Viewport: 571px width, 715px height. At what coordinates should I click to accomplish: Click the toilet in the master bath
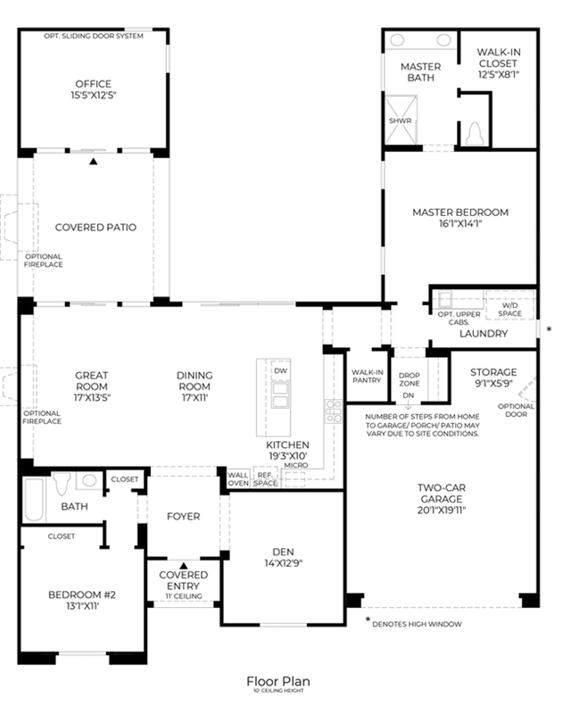475,134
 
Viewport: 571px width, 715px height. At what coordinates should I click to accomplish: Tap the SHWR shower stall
401,120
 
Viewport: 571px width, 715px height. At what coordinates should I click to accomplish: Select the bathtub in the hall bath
34,499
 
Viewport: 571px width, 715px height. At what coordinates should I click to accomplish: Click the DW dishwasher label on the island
281,370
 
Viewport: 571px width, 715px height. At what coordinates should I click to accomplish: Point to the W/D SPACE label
509,310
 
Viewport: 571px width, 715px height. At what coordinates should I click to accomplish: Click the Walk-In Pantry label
367,376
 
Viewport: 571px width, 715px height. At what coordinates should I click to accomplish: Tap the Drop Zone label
410,379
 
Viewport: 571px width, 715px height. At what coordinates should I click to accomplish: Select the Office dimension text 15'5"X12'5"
94,96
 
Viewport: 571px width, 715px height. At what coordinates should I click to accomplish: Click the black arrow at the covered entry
183,565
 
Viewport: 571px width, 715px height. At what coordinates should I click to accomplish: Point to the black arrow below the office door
94,161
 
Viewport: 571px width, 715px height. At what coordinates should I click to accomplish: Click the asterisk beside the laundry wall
549,328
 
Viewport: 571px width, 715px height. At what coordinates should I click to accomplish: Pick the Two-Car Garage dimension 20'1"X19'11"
442,511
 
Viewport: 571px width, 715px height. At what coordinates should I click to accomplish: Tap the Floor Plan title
278,681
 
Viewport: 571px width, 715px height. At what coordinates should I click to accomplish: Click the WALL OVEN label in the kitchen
238,478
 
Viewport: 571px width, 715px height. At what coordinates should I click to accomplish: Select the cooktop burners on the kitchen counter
334,412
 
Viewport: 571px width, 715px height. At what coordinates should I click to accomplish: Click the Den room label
283,552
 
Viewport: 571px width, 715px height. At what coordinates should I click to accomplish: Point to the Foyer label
183,516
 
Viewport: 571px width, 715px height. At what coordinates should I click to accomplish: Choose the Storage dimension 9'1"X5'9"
493,384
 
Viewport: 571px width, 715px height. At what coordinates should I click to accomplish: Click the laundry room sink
445,300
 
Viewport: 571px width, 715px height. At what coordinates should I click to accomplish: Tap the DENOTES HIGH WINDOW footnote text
417,624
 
